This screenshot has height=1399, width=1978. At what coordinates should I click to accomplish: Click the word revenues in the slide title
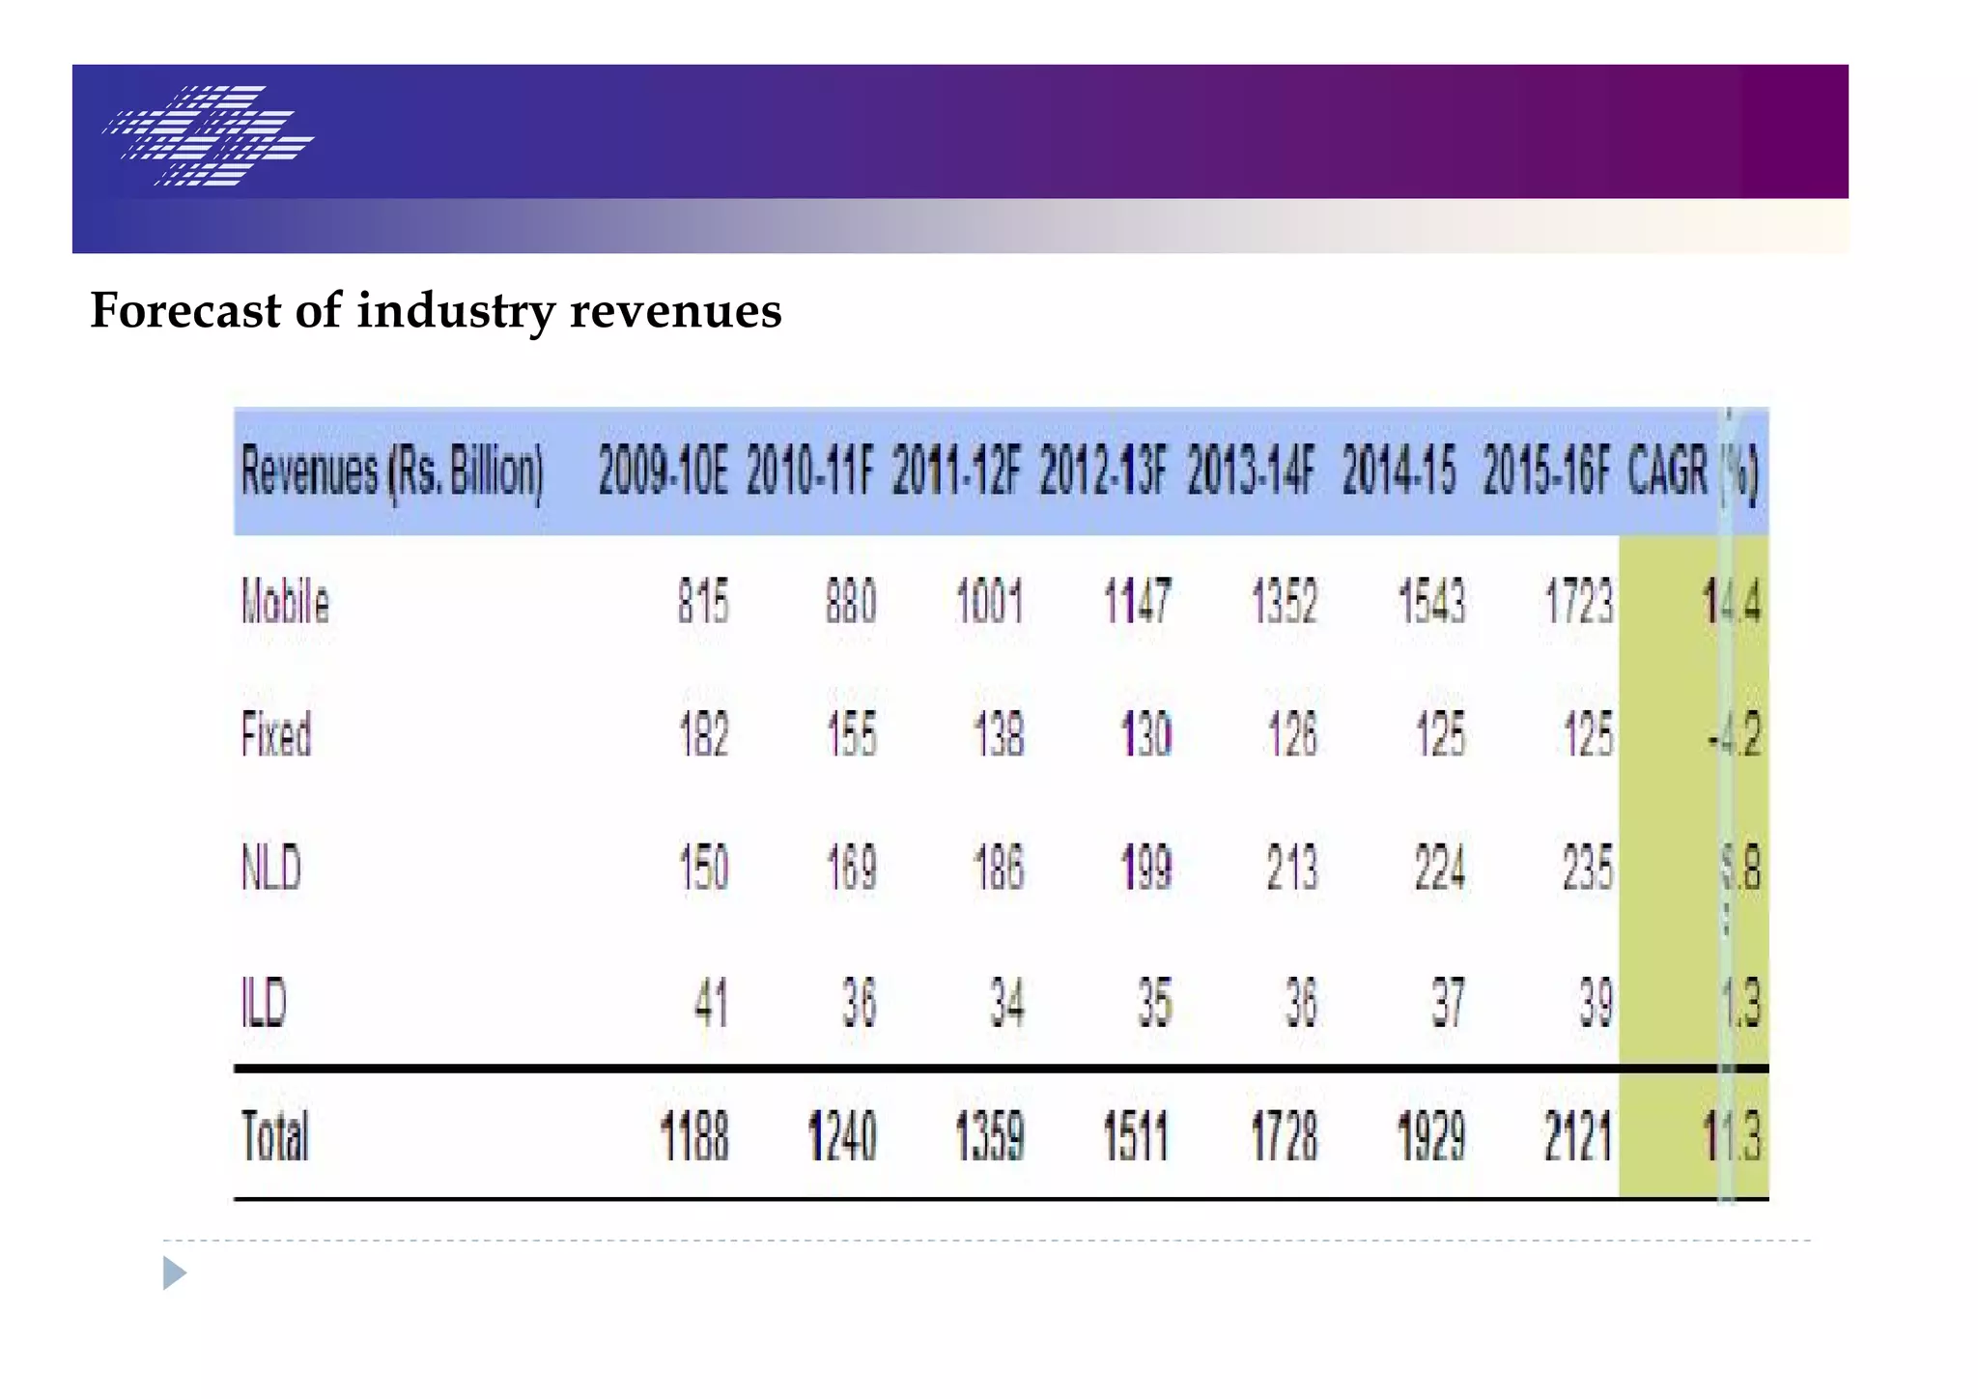(x=675, y=311)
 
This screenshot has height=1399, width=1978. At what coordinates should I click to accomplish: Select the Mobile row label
(x=285, y=602)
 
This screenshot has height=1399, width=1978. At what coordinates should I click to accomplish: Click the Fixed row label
(x=276, y=735)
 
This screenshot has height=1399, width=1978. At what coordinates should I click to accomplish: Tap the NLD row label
(x=271, y=868)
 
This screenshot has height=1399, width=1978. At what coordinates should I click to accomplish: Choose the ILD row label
(x=264, y=1002)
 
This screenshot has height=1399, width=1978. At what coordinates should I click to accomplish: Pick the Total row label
(x=274, y=1136)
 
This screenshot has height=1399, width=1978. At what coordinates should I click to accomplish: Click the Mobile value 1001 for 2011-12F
(x=989, y=602)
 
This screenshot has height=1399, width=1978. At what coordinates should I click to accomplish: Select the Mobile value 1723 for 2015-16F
(x=1578, y=602)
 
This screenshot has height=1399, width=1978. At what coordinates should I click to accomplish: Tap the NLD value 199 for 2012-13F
(x=1145, y=868)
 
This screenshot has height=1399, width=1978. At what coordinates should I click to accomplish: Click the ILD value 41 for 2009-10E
(x=711, y=1002)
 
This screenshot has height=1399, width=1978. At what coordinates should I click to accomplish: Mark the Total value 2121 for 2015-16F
(x=1577, y=1136)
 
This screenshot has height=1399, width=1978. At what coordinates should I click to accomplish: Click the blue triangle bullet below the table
(x=174, y=1273)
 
